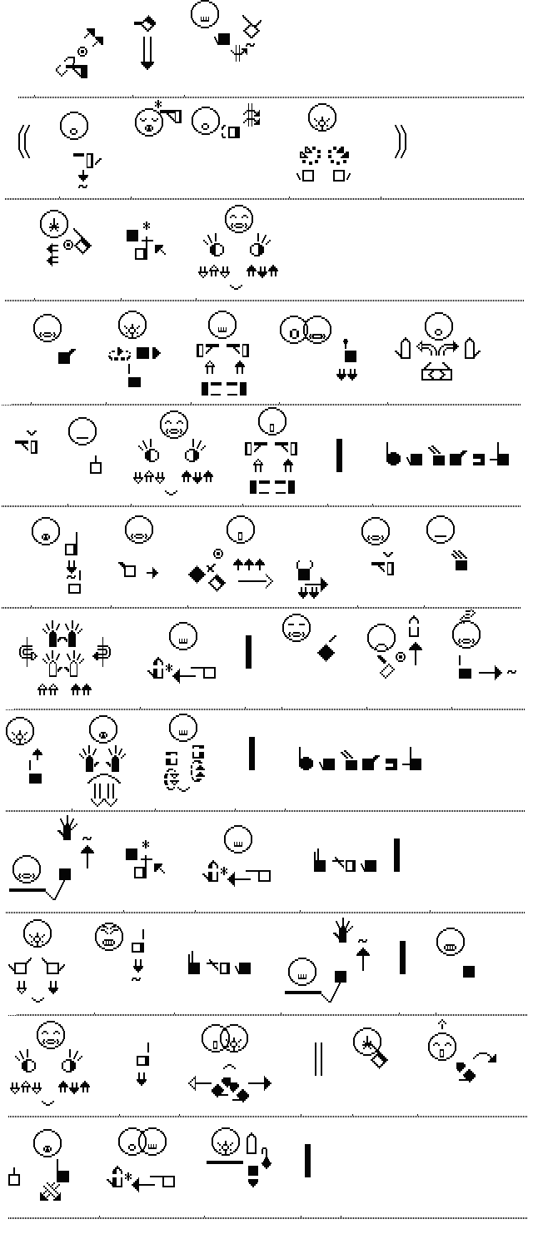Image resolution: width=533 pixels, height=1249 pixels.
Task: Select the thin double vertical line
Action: tap(317, 1058)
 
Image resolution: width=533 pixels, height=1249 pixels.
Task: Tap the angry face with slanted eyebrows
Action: tap(108, 936)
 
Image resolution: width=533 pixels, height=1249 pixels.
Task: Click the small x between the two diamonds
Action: tap(211, 568)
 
